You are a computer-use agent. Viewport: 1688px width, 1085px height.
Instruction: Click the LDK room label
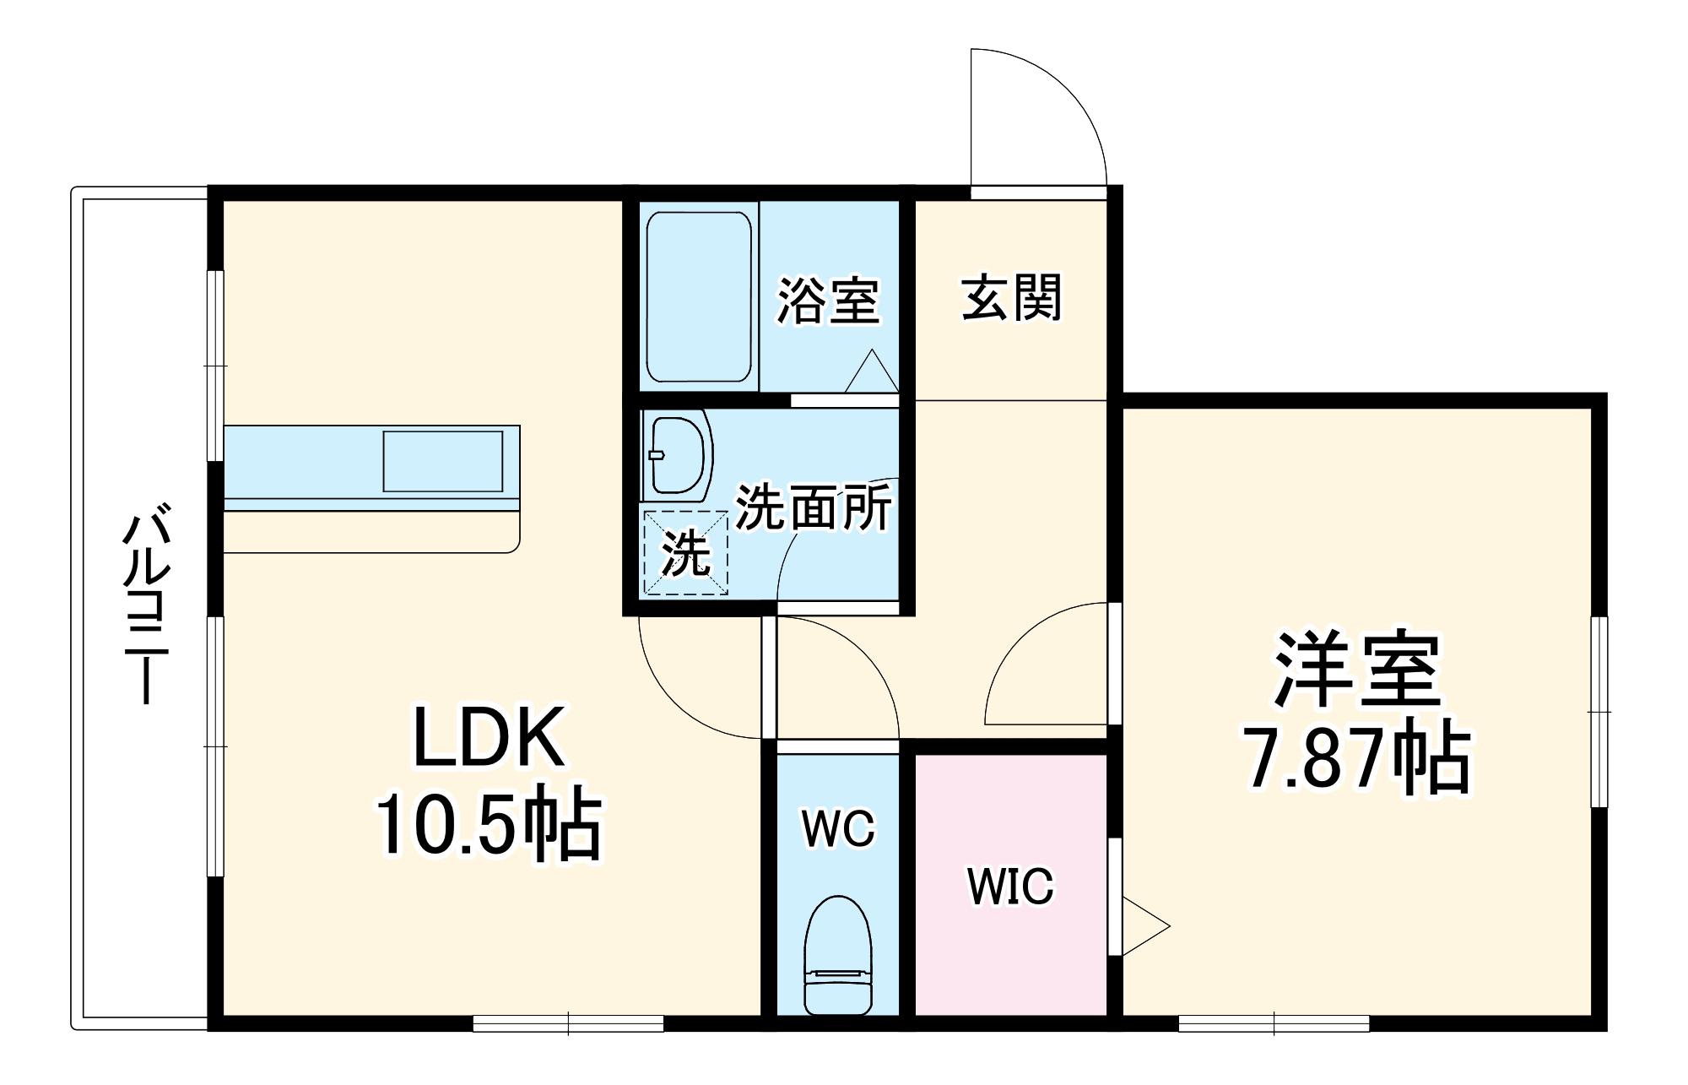488,736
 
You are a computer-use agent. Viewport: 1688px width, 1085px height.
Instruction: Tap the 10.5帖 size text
488,827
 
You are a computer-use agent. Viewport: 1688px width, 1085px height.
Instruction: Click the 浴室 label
828,300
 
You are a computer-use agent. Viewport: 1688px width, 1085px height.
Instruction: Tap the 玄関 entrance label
1011,297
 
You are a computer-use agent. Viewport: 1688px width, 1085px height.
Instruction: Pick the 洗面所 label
813,507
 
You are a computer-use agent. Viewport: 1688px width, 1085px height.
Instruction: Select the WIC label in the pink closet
1010,886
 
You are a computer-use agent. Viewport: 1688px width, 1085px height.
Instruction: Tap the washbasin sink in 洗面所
677,456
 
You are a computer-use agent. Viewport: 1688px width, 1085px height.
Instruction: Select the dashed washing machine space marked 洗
685,552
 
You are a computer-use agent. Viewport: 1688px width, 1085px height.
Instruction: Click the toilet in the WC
837,954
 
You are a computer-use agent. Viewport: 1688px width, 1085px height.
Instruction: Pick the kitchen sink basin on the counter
443,461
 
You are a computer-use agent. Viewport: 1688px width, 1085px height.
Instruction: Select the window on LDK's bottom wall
568,1023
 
